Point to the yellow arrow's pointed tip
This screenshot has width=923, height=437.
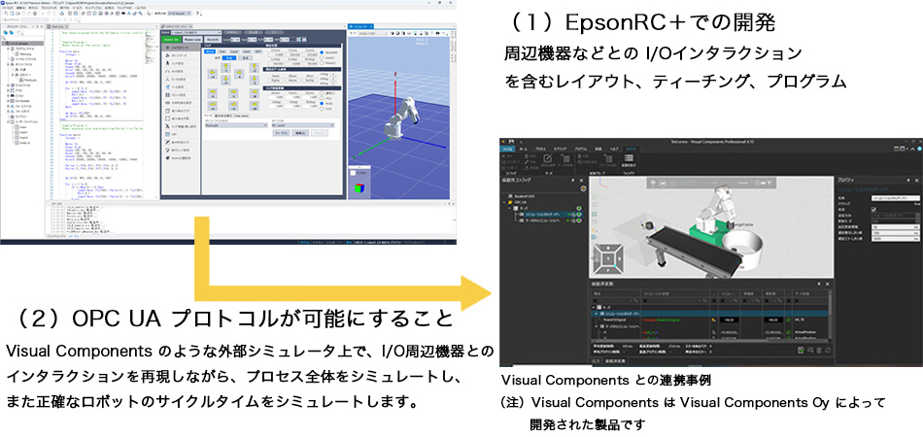tap(486, 291)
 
